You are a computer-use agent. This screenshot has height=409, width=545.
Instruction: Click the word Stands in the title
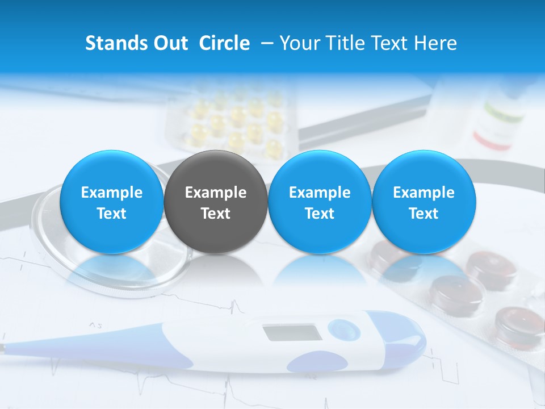(x=111, y=43)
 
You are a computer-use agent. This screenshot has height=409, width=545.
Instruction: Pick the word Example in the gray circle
(x=216, y=193)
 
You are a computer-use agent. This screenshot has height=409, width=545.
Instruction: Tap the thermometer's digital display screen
(x=292, y=333)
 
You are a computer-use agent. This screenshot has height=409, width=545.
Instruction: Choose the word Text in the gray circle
(x=216, y=214)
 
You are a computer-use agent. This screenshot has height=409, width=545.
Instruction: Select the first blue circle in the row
(x=112, y=202)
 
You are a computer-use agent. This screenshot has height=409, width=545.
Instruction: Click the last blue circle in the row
(x=424, y=202)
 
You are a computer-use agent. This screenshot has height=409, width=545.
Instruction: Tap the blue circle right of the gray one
(x=320, y=202)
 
